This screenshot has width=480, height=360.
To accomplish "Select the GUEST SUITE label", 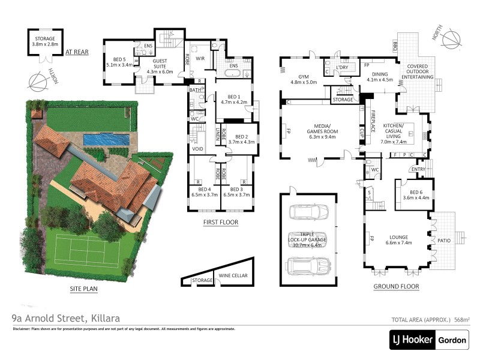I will coord(159,62).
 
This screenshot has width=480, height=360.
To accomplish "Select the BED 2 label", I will coord(242,139).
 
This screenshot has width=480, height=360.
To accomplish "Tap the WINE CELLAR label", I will coord(232,275).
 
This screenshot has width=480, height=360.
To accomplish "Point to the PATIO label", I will coord(443,240).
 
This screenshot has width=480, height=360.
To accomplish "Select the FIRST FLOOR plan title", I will coord(221,223).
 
